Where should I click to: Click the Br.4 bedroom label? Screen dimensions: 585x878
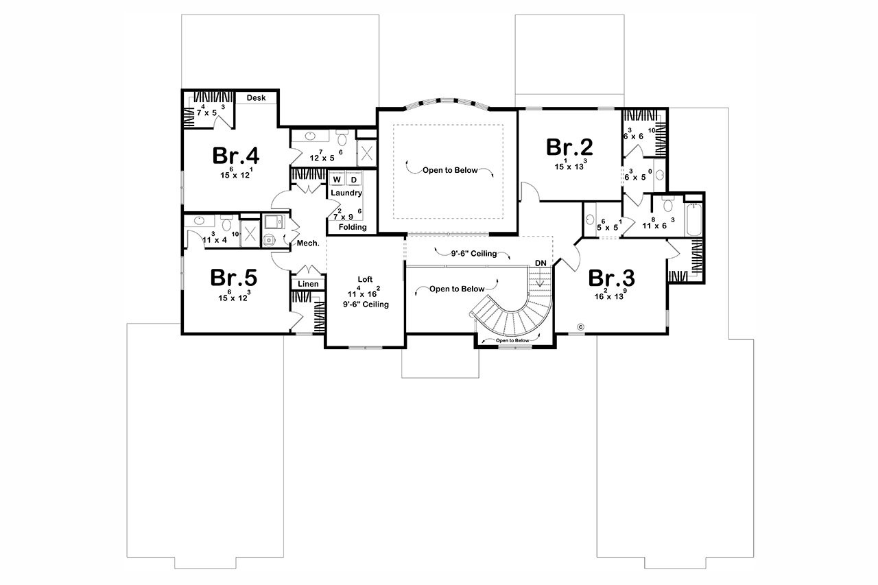point(235,156)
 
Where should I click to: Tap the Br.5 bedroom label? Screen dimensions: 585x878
point(233,278)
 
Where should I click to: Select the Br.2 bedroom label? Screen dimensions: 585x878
point(569,147)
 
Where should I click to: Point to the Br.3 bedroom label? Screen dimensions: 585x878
point(612,278)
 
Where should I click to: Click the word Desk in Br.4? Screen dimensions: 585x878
point(256,98)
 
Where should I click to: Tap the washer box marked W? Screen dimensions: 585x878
point(337,180)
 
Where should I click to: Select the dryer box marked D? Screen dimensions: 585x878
point(354,180)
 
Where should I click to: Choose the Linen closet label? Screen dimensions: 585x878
point(308,284)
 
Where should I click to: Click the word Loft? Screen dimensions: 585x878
point(365,279)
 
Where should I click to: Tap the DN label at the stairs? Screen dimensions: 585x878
point(541,263)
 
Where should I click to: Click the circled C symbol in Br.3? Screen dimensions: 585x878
point(580,326)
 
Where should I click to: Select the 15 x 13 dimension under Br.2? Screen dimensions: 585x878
point(570,165)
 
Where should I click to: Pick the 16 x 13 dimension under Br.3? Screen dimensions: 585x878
point(613,296)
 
